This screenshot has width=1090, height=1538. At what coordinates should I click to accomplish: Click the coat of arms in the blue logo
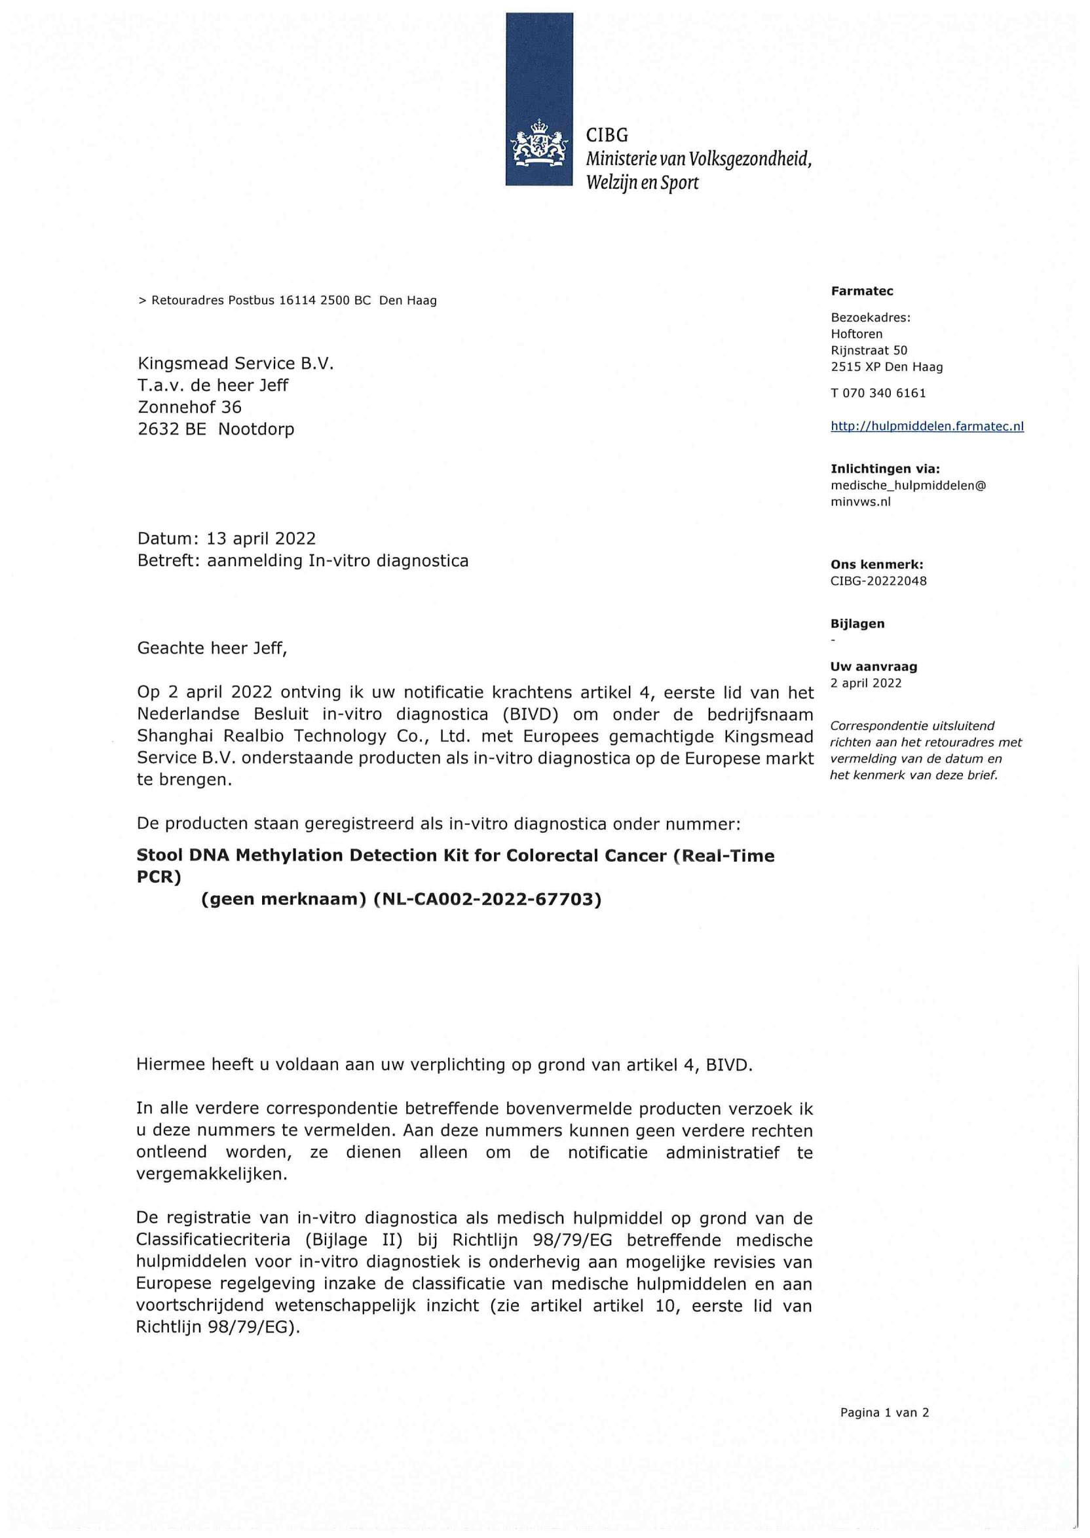click(539, 143)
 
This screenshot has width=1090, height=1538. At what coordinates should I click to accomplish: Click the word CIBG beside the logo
click(607, 136)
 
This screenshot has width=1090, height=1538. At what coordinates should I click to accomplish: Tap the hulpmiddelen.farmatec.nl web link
click(927, 427)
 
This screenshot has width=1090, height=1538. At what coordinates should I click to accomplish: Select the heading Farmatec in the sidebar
click(862, 292)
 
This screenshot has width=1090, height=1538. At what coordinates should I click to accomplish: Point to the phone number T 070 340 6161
click(878, 393)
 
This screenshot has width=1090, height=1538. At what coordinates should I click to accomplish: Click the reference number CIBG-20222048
click(878, 581)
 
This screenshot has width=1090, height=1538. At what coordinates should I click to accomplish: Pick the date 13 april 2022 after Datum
click(261, 539)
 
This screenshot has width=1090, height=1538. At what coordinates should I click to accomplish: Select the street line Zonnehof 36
click(189, 407)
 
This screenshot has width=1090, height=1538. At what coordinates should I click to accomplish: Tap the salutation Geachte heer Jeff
click(212, 648)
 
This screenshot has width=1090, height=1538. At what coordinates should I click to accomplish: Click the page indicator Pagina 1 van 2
click(884, 1412)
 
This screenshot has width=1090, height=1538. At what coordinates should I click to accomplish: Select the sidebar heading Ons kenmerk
click(876, 566)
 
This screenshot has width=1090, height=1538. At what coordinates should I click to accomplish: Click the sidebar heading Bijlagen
click(857, 624)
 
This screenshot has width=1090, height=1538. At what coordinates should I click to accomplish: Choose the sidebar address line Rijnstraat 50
click(869, 351)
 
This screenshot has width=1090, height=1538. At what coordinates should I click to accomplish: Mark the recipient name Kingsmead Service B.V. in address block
click(235, 364)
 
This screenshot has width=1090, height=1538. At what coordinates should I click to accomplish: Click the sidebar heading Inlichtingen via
click(884, 469)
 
